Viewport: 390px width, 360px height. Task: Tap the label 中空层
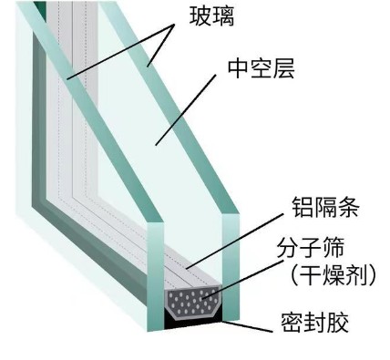(x=251, y=68)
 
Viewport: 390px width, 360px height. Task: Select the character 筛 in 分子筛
(x=330, y=246)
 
